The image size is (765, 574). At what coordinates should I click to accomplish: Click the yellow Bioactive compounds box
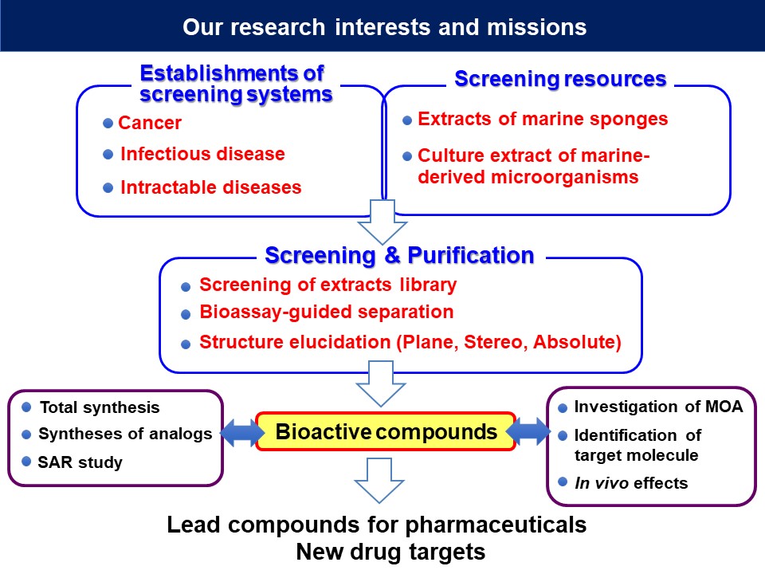[x=386, y=431]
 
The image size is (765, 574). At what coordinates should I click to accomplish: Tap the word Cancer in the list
[x=150, y=124]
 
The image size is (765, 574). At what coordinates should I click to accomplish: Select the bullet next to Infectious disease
[x=108, y=155]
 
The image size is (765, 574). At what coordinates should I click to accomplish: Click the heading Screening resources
[x=559, y=80]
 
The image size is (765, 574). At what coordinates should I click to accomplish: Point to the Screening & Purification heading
[x=399, y=255]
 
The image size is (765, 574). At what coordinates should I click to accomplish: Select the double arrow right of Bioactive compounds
[x=529, y=433]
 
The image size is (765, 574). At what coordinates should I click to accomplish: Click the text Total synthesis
[x=100, y=407]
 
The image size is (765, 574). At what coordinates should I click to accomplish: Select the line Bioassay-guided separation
[x=326, y=313]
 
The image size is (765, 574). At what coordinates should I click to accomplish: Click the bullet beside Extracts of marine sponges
[x=407, y=120]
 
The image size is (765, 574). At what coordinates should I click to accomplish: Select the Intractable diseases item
[x=210, y=188]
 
